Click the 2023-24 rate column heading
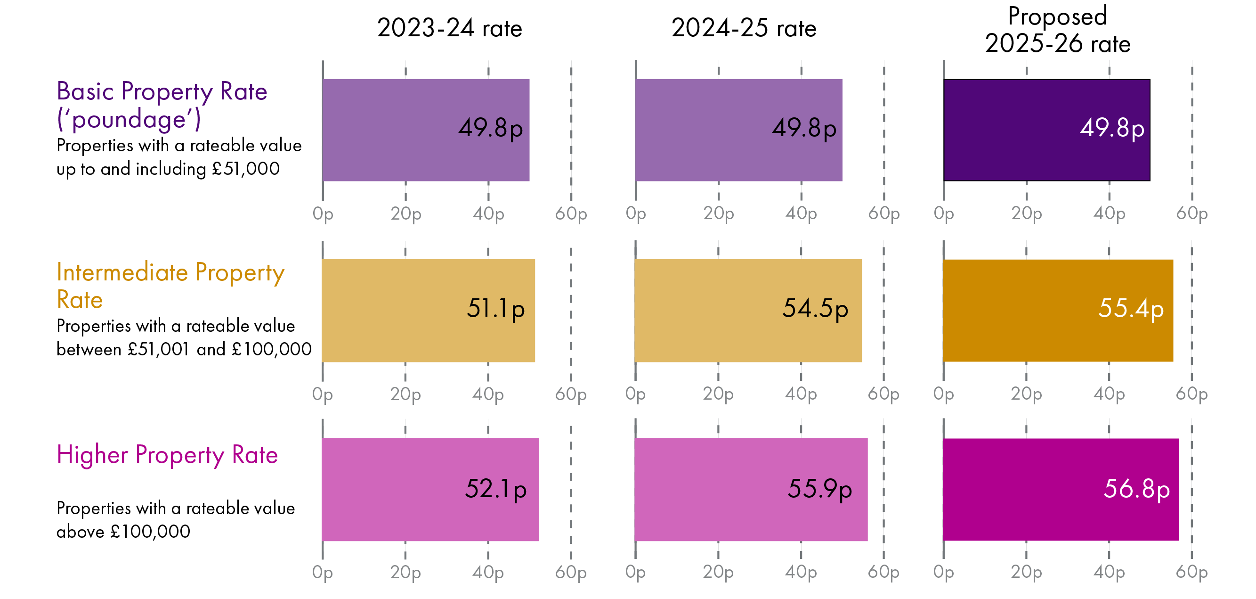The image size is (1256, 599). tap(449, 28)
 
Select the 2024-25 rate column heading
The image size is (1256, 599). tap(743, 28)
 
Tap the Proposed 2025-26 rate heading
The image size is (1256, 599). tap(1057, 30)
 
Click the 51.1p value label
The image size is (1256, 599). tap(495, 309)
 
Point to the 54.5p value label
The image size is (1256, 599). tap(815, 309)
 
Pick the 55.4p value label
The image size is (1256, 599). tap(1130, 309)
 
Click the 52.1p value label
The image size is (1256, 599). tap(495, 489)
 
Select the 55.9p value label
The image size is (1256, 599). tap(819, 489)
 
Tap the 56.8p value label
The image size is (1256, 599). tap(1136, 489)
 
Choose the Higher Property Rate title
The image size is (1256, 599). tap(167, 455)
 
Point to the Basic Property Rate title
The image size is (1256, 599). tap(162, 91)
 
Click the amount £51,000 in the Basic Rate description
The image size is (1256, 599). tap(246, 169)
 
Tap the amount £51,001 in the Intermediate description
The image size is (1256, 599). tap(158, 349)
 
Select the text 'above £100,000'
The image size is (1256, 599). tap(123, 531)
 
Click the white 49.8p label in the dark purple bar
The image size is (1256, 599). tap(1112, 128)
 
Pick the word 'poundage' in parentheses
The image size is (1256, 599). tap(129, 119)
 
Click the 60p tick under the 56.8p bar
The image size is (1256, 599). tap(1191, 572)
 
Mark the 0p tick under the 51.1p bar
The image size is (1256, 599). tap(322, 394)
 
